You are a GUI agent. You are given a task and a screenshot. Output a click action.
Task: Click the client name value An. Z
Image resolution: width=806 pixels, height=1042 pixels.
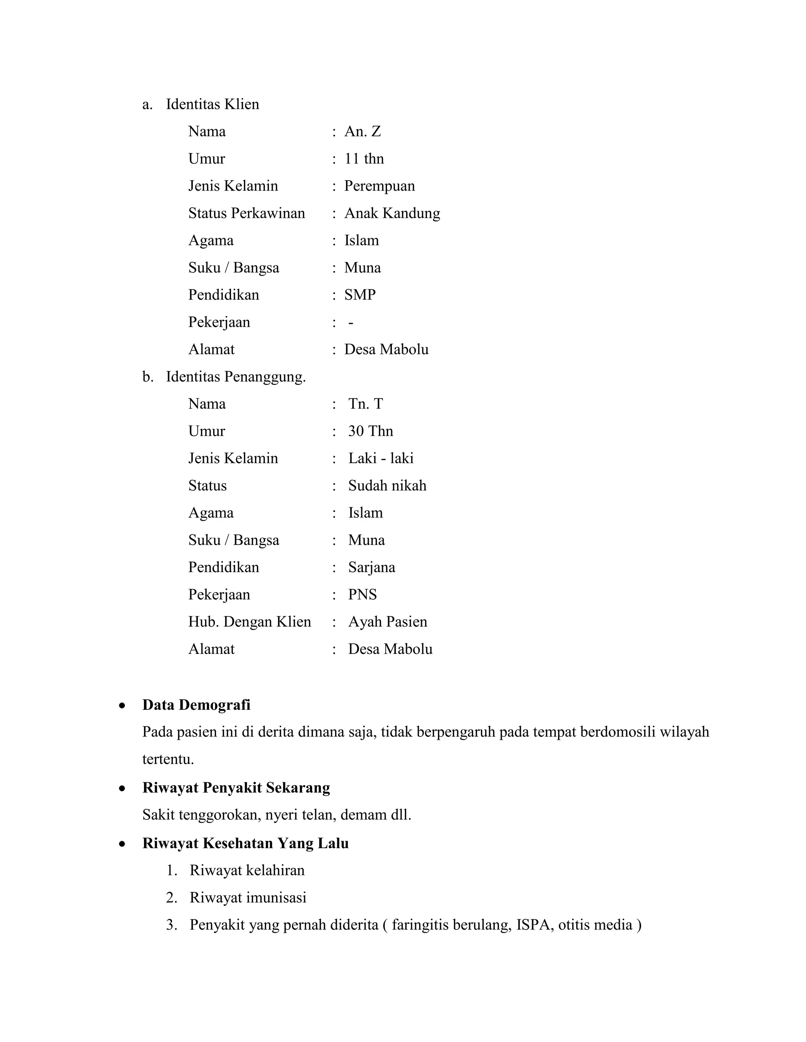[362, 131]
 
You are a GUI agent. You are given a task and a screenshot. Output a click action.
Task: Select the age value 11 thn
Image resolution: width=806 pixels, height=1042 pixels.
[364, 158]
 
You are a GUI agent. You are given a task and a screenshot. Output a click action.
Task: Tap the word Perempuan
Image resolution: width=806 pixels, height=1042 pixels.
[380, 186]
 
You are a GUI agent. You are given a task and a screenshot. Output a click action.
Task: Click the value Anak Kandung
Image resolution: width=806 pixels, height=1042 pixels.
[392, 213]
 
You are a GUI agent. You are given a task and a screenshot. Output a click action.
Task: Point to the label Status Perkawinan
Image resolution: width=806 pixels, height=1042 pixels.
[246, 213]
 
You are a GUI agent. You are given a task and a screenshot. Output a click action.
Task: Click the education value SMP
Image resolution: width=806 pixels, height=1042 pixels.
[360, 295]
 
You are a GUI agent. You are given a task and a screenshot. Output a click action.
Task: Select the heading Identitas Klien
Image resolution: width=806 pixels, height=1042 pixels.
[213, 104]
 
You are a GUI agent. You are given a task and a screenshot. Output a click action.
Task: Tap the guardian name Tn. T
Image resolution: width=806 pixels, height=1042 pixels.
[365, 404]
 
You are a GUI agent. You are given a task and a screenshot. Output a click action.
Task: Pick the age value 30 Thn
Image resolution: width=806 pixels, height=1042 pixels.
[370, 431]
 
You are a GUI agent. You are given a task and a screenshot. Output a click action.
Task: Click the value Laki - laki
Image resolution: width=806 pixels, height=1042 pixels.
[381, 458]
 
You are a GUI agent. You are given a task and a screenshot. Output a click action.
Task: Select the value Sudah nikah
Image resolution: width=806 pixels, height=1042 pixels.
[387, 485]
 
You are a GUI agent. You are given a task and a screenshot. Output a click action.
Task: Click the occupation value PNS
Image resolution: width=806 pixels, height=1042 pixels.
[362, 594]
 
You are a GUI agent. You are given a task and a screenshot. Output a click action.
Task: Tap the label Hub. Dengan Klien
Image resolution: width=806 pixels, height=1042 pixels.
[249, 621]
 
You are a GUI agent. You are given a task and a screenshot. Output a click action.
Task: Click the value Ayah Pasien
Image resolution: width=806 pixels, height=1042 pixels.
[388, 621]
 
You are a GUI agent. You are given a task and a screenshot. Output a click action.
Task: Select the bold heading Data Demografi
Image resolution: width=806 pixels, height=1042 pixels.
[196, 705]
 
